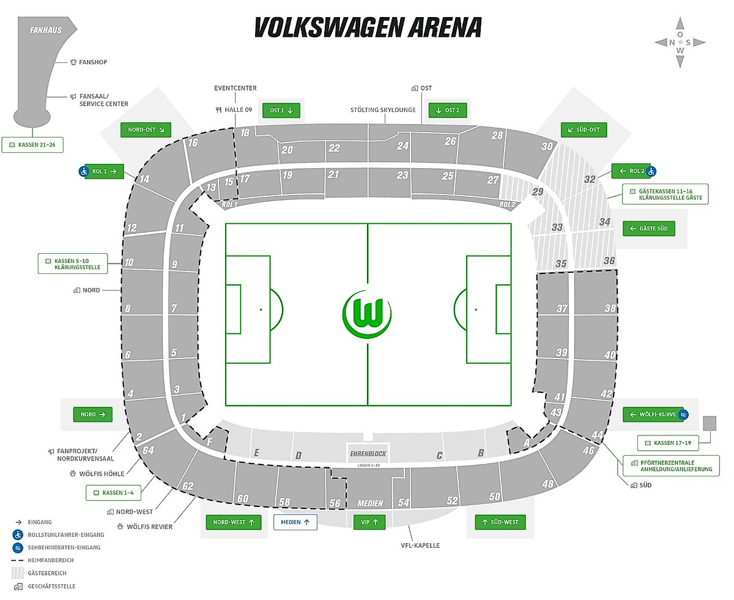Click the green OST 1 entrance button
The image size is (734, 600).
281,111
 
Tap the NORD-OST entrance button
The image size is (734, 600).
146,130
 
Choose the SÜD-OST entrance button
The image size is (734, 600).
584,130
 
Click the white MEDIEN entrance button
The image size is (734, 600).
295,522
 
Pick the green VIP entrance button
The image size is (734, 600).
369,522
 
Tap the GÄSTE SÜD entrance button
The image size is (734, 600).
648,229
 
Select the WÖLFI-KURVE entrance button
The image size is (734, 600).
653,415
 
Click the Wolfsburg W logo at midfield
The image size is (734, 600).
367,314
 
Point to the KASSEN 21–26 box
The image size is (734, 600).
32,144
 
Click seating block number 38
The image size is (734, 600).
609,308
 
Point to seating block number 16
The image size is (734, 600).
193,143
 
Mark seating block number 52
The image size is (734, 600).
452,500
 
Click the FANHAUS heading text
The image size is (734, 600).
45,30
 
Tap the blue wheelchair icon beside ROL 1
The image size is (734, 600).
83,171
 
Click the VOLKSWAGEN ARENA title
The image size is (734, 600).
368,28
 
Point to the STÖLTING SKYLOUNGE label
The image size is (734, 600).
383,110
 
